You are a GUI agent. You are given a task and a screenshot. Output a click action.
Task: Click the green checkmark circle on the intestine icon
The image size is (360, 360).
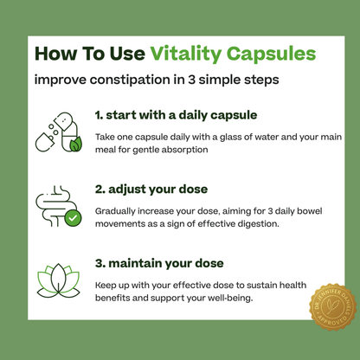(x=74, y=218)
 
